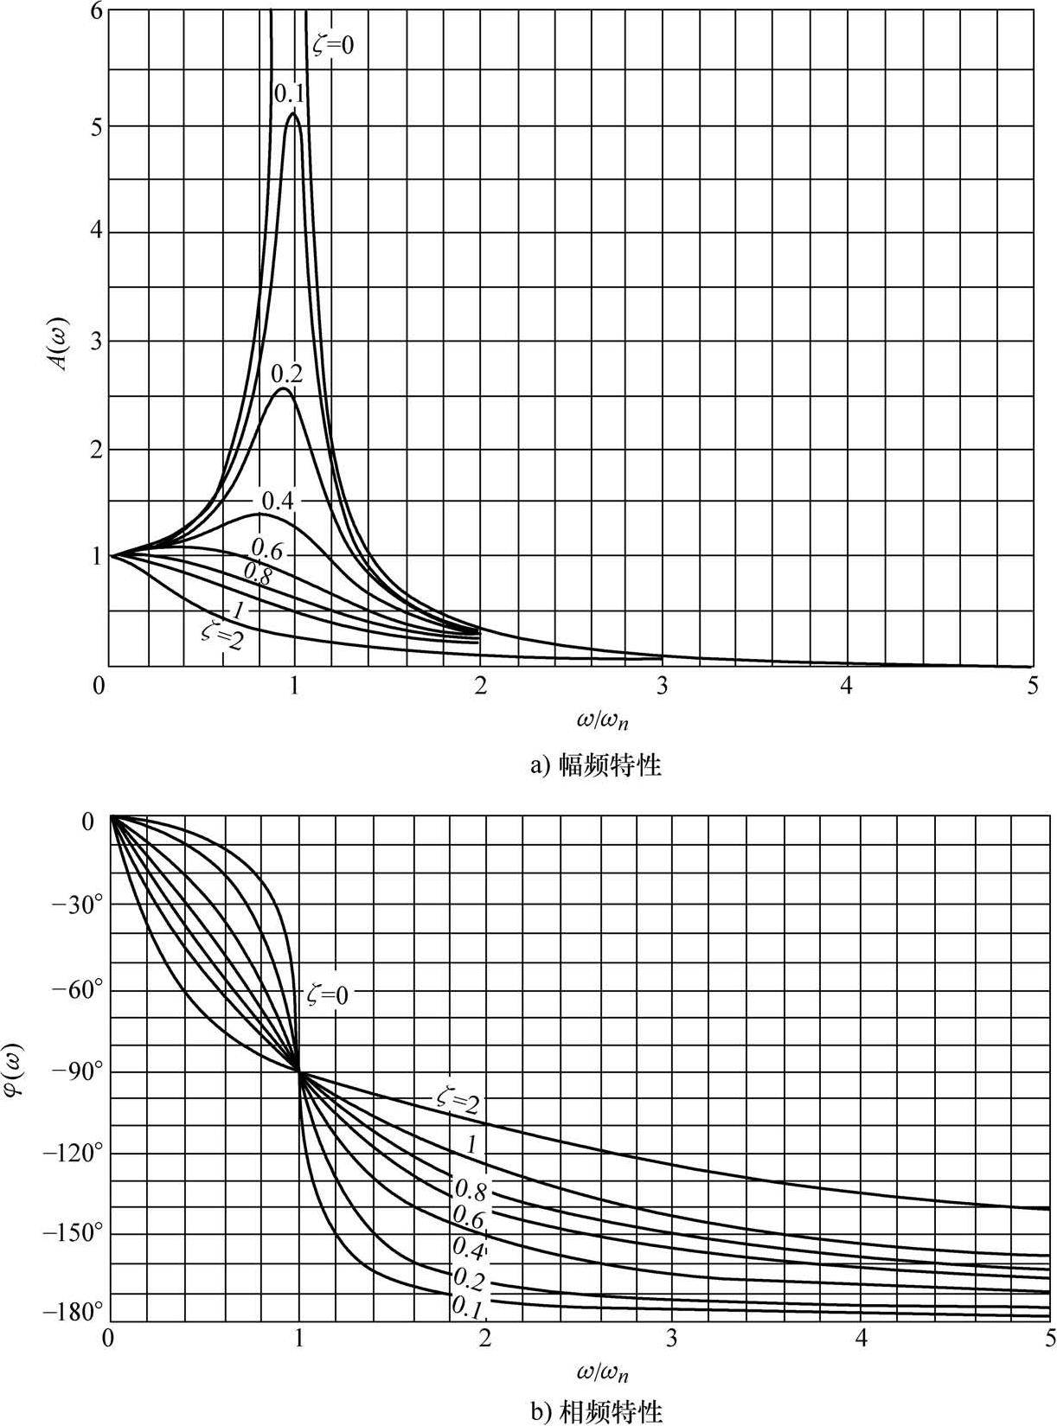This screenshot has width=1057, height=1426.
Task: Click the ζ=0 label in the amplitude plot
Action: pos(333,43)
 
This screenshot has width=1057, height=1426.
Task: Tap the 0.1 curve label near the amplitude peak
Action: pos(288,93)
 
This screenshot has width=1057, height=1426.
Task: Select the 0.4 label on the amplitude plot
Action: pos(278,500)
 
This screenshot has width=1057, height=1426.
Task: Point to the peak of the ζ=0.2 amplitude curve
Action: pos(283,389)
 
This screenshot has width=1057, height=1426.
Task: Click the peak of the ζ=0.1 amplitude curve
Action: pos(294,114)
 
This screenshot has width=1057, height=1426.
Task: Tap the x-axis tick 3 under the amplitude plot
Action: pos(663,687)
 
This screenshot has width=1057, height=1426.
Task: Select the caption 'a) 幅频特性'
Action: pos(595,765)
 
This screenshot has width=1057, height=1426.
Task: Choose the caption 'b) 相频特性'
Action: pos(595,1412)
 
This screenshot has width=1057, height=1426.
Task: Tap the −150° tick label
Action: pos(73,1232)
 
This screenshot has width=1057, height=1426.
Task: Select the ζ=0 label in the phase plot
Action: pos(329,994)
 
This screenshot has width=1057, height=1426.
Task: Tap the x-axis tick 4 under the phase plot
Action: pos(861,1338)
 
